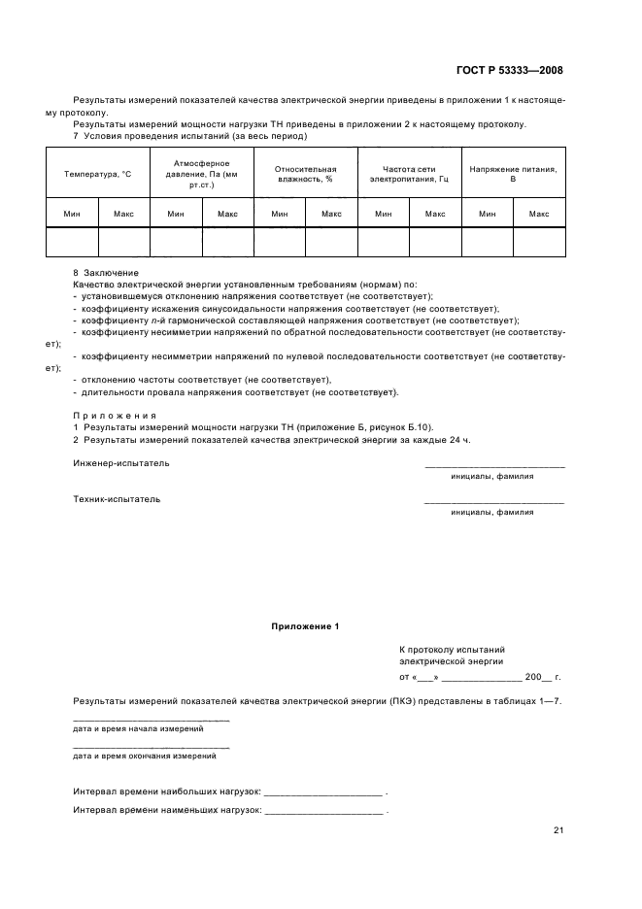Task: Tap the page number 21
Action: [558, 830]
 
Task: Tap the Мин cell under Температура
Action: [72, 214]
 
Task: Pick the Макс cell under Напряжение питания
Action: [539, 214]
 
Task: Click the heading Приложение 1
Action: [305, 627]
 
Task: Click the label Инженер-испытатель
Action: [120, 463]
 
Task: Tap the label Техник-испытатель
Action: [117, 499]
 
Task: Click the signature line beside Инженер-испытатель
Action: [493, 467]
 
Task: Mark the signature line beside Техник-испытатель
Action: [493, 503]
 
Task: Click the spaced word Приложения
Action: [115, 415]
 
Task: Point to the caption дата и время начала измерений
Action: [138, 727]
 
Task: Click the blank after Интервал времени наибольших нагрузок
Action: [323, 792]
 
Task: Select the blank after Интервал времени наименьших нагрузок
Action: [323, 810]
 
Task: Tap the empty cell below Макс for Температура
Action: [123, 242]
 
